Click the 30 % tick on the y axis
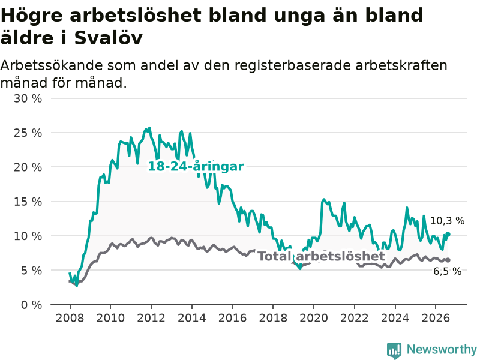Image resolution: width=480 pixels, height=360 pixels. click(x=28, y=98)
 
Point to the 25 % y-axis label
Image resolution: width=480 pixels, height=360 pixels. click(x=28, y=133)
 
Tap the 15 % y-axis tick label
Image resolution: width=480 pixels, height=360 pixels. click(x=28, y=202)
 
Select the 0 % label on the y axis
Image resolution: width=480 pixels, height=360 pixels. click(x=32, y=305)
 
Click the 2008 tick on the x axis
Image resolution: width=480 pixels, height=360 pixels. click(x=70, y=318)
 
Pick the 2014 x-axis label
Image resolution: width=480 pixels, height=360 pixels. click(x=192, y=318)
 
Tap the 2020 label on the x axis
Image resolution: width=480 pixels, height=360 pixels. click(x=314, y=318)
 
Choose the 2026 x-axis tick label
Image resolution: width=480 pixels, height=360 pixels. click(x=436, y=318)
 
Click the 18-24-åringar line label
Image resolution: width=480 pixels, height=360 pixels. click(x=196, y=167)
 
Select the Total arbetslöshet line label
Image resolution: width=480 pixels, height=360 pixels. click(x=321, y=256)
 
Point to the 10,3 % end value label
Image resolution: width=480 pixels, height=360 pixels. click(x=447, y=221)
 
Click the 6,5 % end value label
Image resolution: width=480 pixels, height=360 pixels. click(x=447, y=271)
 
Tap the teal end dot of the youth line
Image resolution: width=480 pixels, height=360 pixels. click(x=448, y=234)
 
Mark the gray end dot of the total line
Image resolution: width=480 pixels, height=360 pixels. click(x=448, y=260)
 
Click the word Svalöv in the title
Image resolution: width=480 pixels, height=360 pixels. click(x=109, y=38)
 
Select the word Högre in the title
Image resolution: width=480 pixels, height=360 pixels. click(x=32, y=16)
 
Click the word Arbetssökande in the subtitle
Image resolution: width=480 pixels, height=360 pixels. click(x=52, y=65)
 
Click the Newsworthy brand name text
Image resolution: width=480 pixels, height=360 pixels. click(x=442, y=349)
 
